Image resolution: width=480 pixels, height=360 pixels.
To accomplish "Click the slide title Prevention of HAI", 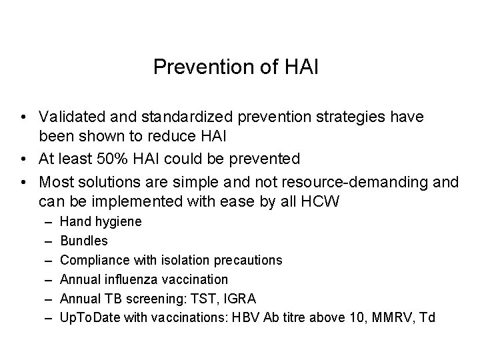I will pyautogui.click(x=236, y=67).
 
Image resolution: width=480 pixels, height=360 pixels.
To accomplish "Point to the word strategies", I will pyautogui.click(x=329, y=117).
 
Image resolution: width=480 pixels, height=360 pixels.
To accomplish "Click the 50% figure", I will pyautogui.click(x=111, y=159).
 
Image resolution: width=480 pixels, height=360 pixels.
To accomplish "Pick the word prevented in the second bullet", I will pyautogui.click(x=266, y=159).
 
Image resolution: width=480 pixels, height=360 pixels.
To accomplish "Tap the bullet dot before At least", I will pyautogui.click(x=23, y=159).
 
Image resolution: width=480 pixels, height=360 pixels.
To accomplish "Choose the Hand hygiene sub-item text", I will pyautogui.click(x=100, y=221).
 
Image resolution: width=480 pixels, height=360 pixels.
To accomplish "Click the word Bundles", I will pyautogui.click(x=83, y=241).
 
